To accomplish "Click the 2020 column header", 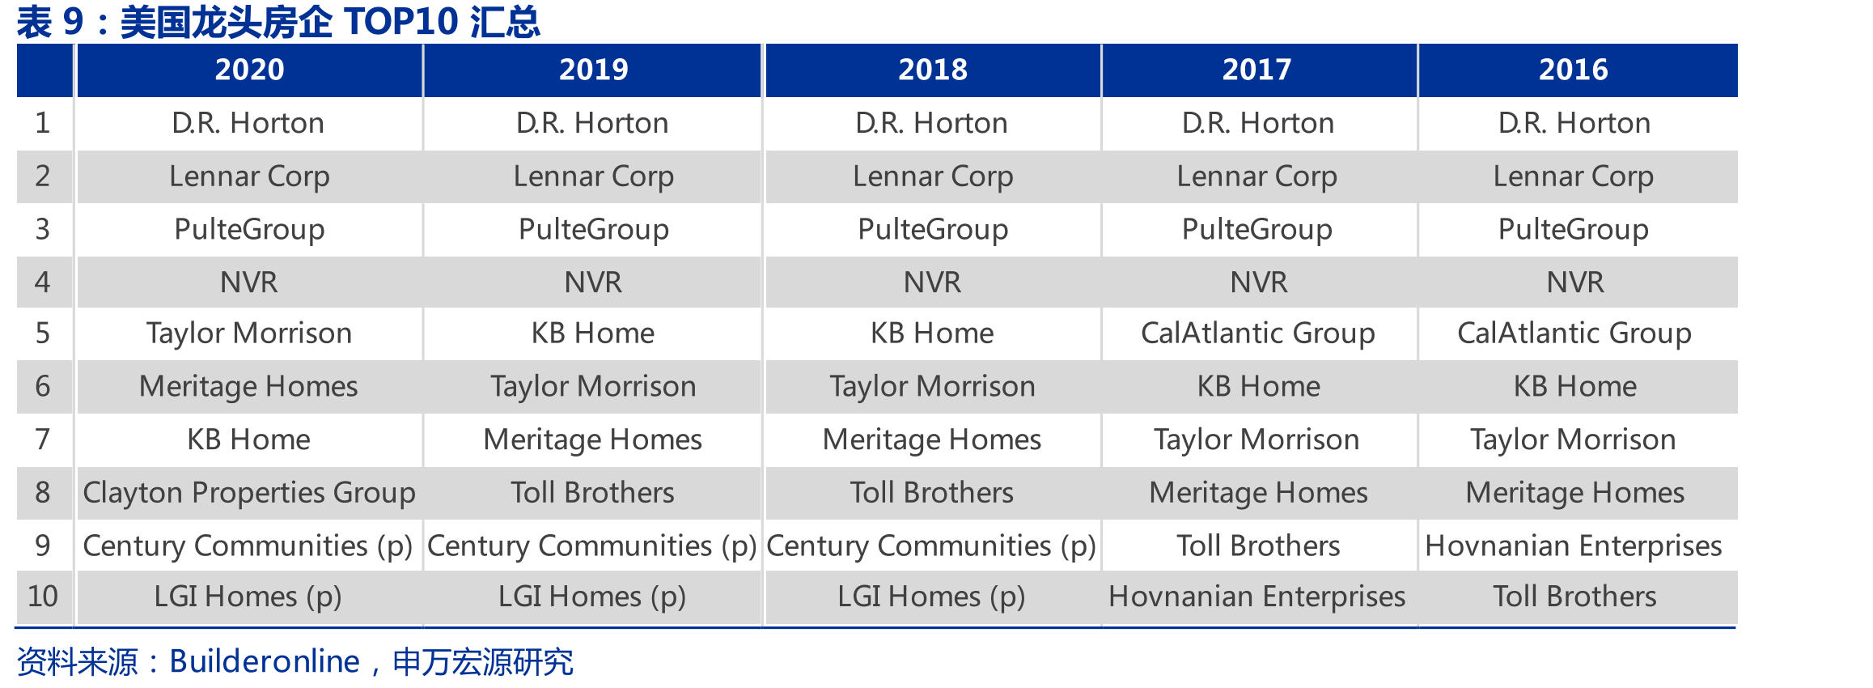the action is (249, 70).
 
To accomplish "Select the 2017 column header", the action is (1256, 70).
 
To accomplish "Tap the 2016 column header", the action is (1573, 70).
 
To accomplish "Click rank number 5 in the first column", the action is (43, 333).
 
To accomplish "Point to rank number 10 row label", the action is (43, 597).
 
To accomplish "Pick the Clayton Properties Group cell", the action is (249, 493).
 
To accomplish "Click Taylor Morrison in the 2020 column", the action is (249, 333).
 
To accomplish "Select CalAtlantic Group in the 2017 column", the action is (1257, 333).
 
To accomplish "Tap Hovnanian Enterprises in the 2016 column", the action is (1573, 546).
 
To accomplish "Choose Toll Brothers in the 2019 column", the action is (592, 492).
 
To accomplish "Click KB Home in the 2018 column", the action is (932, 333).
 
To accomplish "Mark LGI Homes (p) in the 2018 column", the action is (931, 597).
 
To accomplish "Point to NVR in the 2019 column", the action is (593, 282).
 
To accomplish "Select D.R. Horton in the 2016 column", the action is (1574, 123).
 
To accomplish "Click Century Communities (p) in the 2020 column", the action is (248, 546).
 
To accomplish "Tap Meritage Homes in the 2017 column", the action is (1258, 493).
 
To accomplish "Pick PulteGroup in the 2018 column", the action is (933, 230).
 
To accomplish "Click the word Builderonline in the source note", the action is (265, 662).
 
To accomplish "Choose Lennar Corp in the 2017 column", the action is (1256, 176).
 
